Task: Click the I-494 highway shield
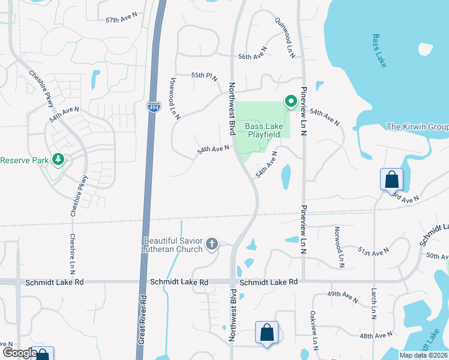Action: click(153, 107)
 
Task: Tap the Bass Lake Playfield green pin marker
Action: click(291, 101)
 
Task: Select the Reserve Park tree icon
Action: click(58, 160)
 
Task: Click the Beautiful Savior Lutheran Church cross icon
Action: click(211, 244)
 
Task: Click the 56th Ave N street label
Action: click(252, 56)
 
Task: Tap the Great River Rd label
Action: click(143, 318)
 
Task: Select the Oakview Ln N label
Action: click(313, 331)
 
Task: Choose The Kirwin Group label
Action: click(417, 127)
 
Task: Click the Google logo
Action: click(19, 353)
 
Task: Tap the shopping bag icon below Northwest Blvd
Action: click(267, 333)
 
